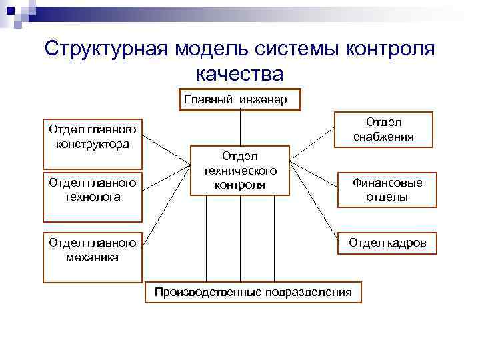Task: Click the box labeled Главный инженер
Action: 240,99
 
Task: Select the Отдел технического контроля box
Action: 240,171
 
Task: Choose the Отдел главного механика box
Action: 93,257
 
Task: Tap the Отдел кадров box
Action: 387,243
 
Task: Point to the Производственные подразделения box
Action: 253,292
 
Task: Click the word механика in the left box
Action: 93,257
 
